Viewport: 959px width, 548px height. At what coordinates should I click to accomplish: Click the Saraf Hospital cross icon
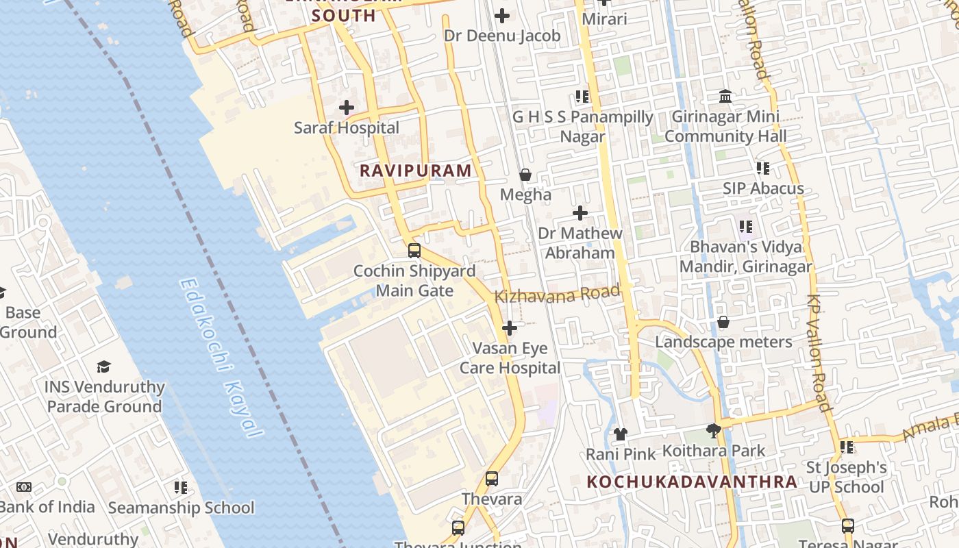pos(347,108)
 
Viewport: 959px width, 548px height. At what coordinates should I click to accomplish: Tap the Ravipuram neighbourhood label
pos(416,171)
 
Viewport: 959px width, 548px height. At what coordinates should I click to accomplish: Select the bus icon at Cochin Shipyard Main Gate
pos(414,251)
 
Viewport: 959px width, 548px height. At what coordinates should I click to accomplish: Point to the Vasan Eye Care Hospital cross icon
pos(510,329)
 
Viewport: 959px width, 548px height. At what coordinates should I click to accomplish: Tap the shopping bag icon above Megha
pos(525,175)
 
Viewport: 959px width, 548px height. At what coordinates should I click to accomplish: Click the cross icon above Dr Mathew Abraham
pos(580,213)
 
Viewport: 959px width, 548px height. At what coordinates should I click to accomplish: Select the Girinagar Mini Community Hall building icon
pos(725,97)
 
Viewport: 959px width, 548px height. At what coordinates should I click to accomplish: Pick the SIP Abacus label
pos(764,188)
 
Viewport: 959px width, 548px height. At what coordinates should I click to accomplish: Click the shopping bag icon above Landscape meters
pos(723,322)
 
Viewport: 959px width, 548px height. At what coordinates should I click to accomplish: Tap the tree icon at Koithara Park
pos(713,431)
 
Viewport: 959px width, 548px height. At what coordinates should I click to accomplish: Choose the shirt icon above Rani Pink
pos(621,434)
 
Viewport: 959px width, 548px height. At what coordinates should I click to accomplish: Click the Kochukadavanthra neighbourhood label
pos(692,482)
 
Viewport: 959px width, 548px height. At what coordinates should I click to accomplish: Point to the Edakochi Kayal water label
pos(221,357)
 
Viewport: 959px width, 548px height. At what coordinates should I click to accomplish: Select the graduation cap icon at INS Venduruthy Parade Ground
pos(103,367)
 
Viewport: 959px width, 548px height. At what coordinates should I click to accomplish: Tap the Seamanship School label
pos(181,508)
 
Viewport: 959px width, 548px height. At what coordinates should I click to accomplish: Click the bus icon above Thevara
pos(492,479)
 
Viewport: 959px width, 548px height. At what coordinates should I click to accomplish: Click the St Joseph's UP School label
pos(847,477)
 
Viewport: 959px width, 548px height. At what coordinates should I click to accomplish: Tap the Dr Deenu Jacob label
pos(502,36)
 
